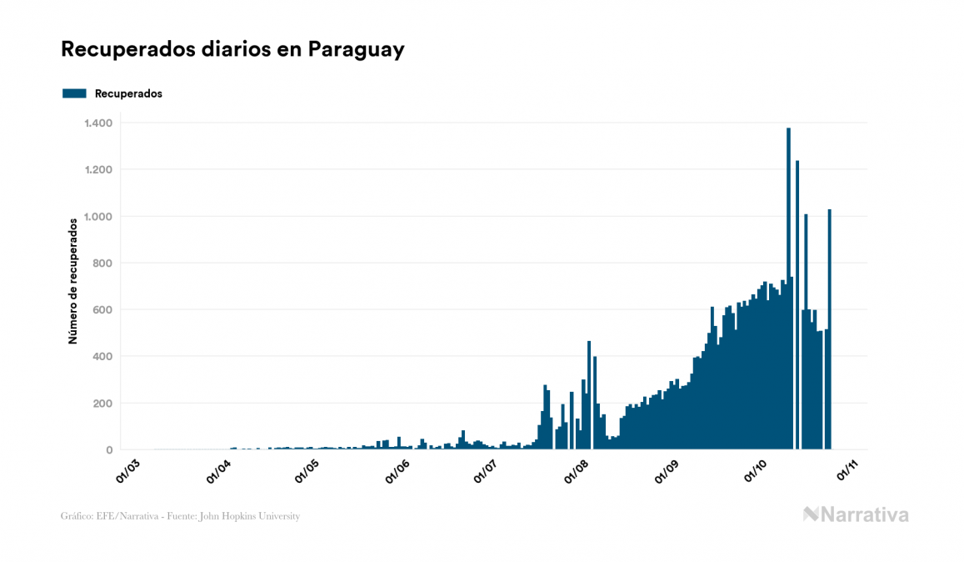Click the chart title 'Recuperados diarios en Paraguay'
[x=232, y=49]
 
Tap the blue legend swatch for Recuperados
[x=74, y=93]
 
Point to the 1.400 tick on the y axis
[x=97, y=123]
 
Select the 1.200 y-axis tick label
[x=97, y=170]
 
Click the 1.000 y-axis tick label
[x=97, y=217]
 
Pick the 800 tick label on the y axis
[x=102, y=263]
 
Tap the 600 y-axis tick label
[x=102, y=310]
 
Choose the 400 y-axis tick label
[x=102, y=357]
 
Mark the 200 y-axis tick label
[x=102, y=404]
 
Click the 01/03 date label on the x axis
[x=128, y=470]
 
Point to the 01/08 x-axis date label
[x=578, y=470]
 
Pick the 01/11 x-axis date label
[x=848, y=470]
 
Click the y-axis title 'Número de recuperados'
[x=73, y=281]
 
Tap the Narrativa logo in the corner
[x=856, y=514]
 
